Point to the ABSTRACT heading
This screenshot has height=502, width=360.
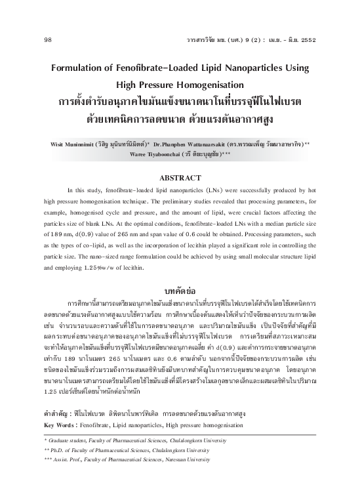(x=180, y=177)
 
